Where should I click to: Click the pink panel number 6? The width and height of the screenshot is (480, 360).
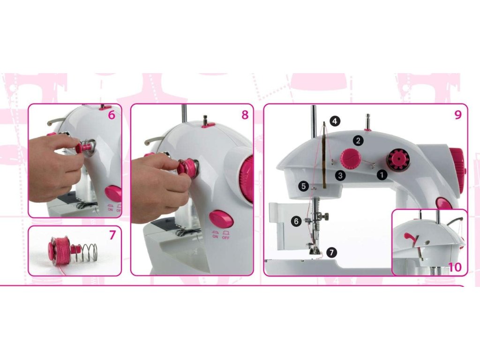click(x=112, y=115)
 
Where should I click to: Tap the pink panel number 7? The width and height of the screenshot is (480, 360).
click(x=112, y=235)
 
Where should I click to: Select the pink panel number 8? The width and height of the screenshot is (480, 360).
click(x=245, y=115)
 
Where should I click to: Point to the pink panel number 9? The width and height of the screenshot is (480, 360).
click(x=458, y=115)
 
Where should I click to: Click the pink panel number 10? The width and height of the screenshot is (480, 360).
click(x=455, y=267)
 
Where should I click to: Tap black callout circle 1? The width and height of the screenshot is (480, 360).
click(x=382, y=175)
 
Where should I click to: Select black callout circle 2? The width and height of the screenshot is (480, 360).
click(x=358, y=141)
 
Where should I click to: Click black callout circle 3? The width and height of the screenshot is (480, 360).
click(x=340, y=175)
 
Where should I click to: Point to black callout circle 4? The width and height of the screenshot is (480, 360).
click(x=335, y=121)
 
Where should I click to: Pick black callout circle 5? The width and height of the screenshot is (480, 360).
click(x=303, y=186)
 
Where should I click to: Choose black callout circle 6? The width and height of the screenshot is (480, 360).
click(x=296, y=221)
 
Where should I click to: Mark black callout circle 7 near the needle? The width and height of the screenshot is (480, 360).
click(x=331, y=253)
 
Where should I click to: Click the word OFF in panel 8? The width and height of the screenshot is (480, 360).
click(x=225, y=237)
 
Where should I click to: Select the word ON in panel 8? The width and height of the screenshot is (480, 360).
click(x=215, y=237)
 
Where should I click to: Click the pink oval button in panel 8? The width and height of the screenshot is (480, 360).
click(x=221, y=219)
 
